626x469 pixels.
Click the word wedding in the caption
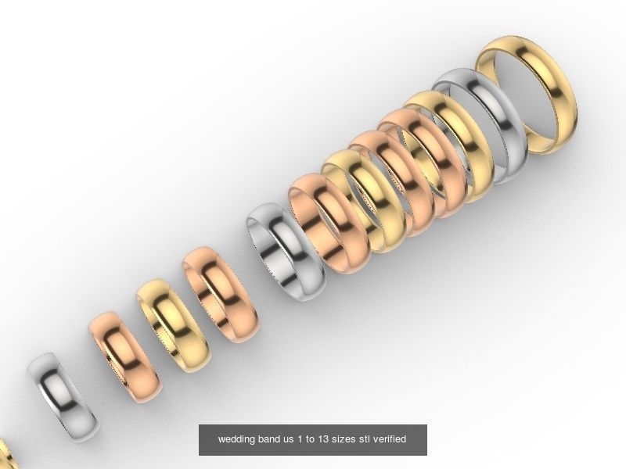236,439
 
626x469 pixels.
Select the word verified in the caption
390,439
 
